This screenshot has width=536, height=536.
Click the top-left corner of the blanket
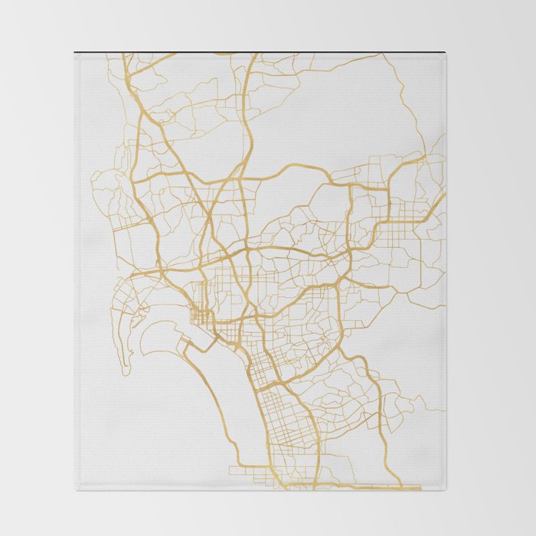(x=75, y=52)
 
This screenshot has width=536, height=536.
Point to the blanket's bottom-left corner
(x=76, y=489)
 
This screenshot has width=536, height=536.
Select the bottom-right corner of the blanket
(x=446, y=489)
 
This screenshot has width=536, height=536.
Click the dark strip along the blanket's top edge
(x=260, y=52)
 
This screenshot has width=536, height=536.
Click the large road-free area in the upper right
(x=337, y=115)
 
